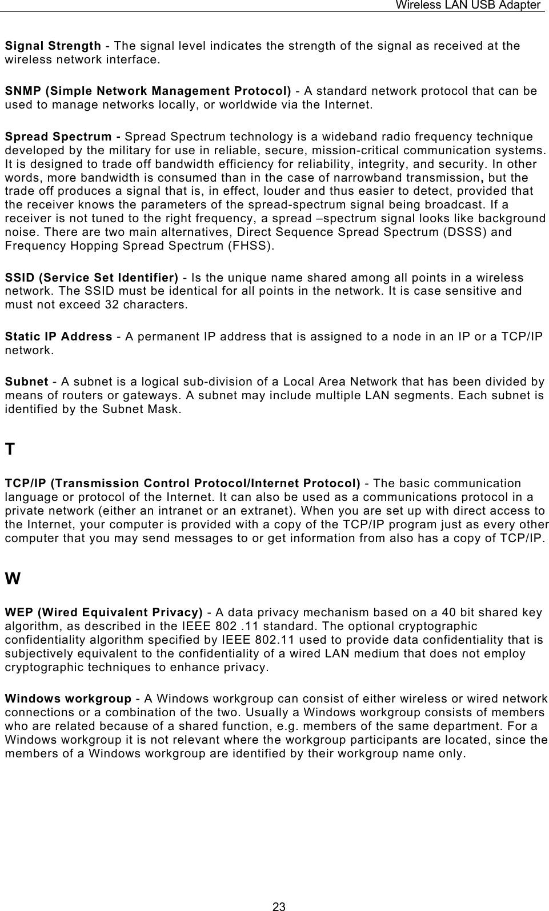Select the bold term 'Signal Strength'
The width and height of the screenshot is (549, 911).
pyautogui.click(x=53, y=46)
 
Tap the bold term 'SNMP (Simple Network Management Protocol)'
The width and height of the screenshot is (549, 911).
pyautogui.click(x=148, y=91)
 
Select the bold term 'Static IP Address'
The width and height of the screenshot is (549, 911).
pyautogui.click(x=58, y=336)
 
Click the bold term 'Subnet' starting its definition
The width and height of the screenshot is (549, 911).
pyautogui.click(x=26, y=382)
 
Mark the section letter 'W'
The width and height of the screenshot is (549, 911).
pyautogui.click(x=12, y=579)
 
